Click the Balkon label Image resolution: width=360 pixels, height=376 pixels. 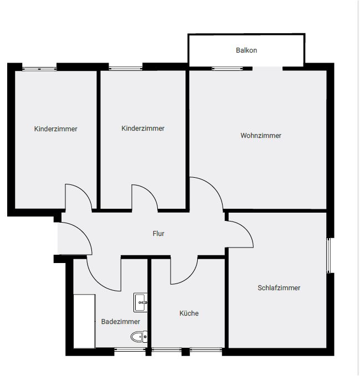click(x=246, y=50)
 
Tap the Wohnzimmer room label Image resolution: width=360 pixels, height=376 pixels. click(x=261, y=136)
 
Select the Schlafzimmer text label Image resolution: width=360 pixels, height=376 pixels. click(x=279, y=288)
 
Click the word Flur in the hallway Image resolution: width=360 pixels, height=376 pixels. click(x=158, y=234)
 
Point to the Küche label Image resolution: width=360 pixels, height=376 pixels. click(x=189, y=313)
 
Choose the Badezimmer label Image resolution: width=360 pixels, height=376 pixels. click(x=121, y=322)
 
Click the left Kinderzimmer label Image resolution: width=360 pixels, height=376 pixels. click(x=55, y=129)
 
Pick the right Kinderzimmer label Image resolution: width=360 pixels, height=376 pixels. click(x=143, y=128)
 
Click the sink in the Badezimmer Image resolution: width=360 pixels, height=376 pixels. click(x=141, y=302)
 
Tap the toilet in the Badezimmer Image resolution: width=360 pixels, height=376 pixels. click(x=139, y=337)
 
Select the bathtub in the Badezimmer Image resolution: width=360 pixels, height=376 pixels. click(x=84, y=321)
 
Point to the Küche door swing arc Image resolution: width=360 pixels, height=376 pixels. click(x=189, y=276)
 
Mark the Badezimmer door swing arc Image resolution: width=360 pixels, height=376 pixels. click(x=97, y=281)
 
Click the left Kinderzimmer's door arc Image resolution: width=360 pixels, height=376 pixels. click(x=84, y=192)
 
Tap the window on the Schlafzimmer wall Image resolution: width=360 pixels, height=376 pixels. click(x=329, y=256)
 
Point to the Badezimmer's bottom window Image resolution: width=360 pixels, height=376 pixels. click(x=130, y=350)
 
